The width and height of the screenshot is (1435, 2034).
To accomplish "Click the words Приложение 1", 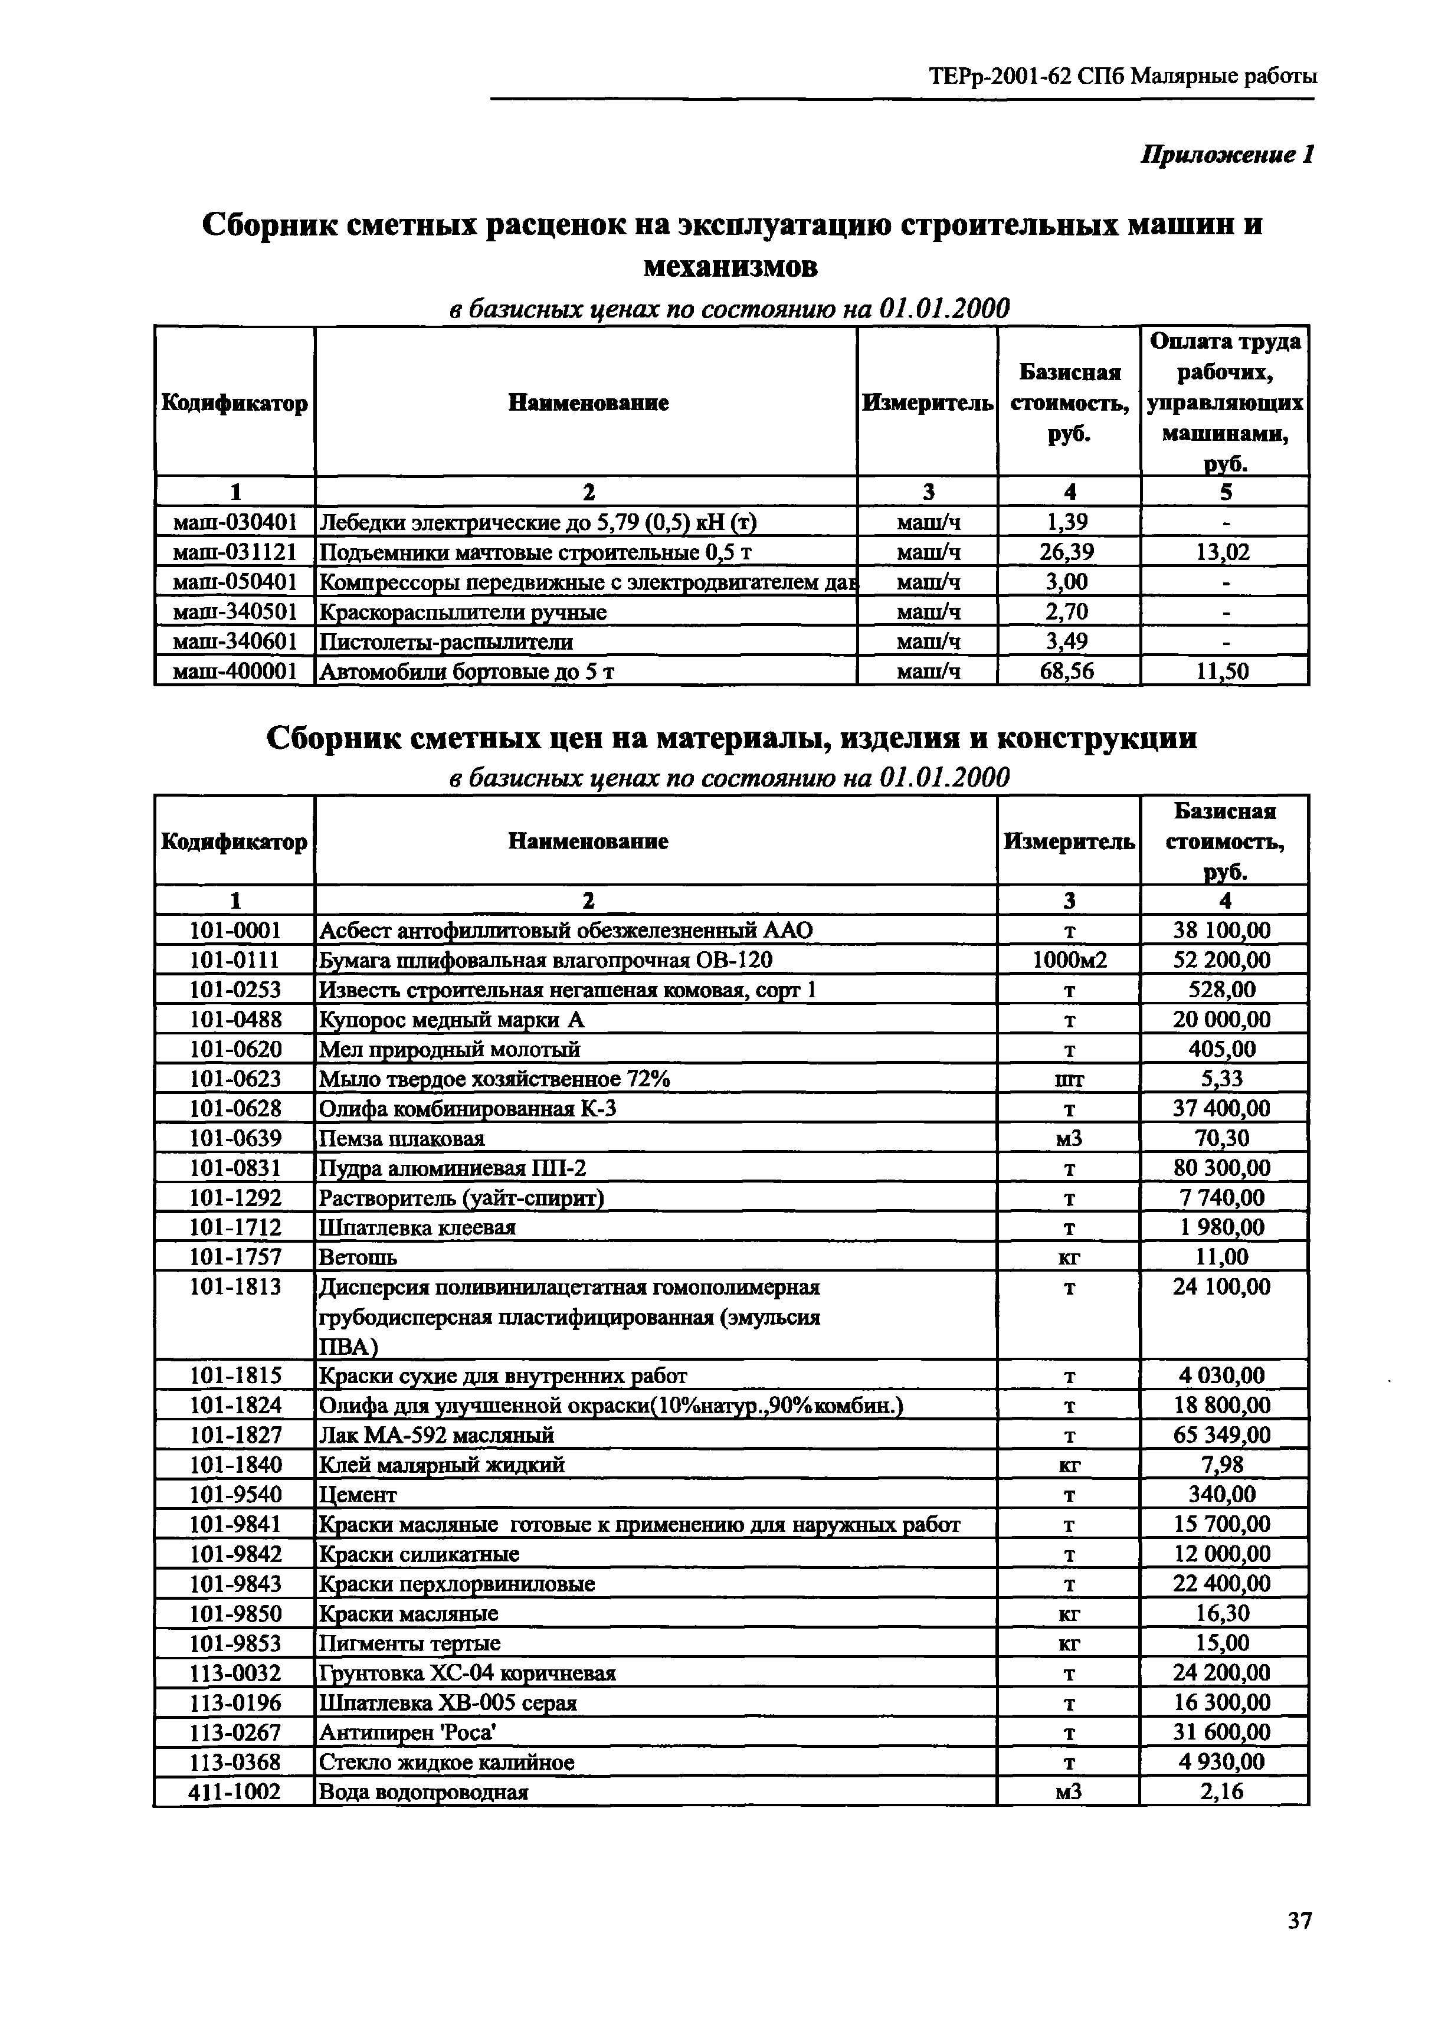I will [x=1226, y=155].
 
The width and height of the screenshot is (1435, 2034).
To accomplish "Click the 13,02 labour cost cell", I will [x=1223, y=552].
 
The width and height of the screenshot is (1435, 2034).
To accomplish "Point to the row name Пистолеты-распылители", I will [x=445, y=641].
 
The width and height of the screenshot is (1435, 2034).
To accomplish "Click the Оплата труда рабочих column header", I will [x=1224, y=401].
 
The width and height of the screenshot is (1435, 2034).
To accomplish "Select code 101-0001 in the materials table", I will [x=235, y=930].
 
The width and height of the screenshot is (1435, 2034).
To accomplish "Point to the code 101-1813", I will [x=235, y=1286].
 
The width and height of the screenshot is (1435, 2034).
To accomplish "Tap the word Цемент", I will [x=358, y=1495].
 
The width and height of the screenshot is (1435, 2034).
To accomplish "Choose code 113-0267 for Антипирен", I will [x=235, y=1732].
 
